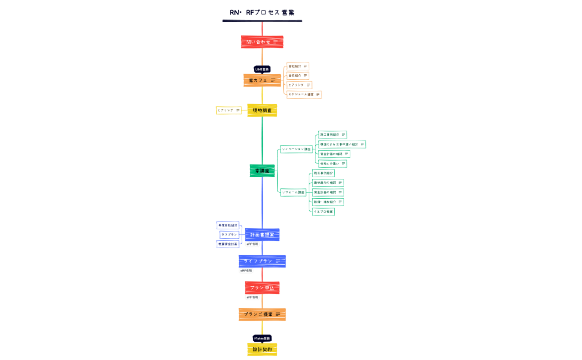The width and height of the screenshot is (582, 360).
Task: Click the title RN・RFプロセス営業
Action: click(262, 13)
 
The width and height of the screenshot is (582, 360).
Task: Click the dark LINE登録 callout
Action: click(262, 69)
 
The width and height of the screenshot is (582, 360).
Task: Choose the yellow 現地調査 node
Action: click(262, 110)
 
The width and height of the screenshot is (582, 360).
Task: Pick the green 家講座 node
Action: click(262, 171)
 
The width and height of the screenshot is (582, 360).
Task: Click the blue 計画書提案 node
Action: click(262, 235)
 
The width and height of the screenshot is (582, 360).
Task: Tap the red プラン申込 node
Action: click(262, 287)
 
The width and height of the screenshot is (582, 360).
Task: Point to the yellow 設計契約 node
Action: click(262, 349)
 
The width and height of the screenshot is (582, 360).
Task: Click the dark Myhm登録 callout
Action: click(262, 338)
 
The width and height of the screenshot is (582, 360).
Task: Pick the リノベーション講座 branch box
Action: click(296, 149)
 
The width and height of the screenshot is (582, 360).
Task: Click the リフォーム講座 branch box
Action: click(293, 192)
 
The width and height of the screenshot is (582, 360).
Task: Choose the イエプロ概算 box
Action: click(323, 212)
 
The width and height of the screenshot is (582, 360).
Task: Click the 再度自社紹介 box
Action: click(228, 225)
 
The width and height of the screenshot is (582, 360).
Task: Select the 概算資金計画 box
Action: click(228, 244)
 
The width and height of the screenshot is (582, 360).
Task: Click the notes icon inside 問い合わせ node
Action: click(275, 42)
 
